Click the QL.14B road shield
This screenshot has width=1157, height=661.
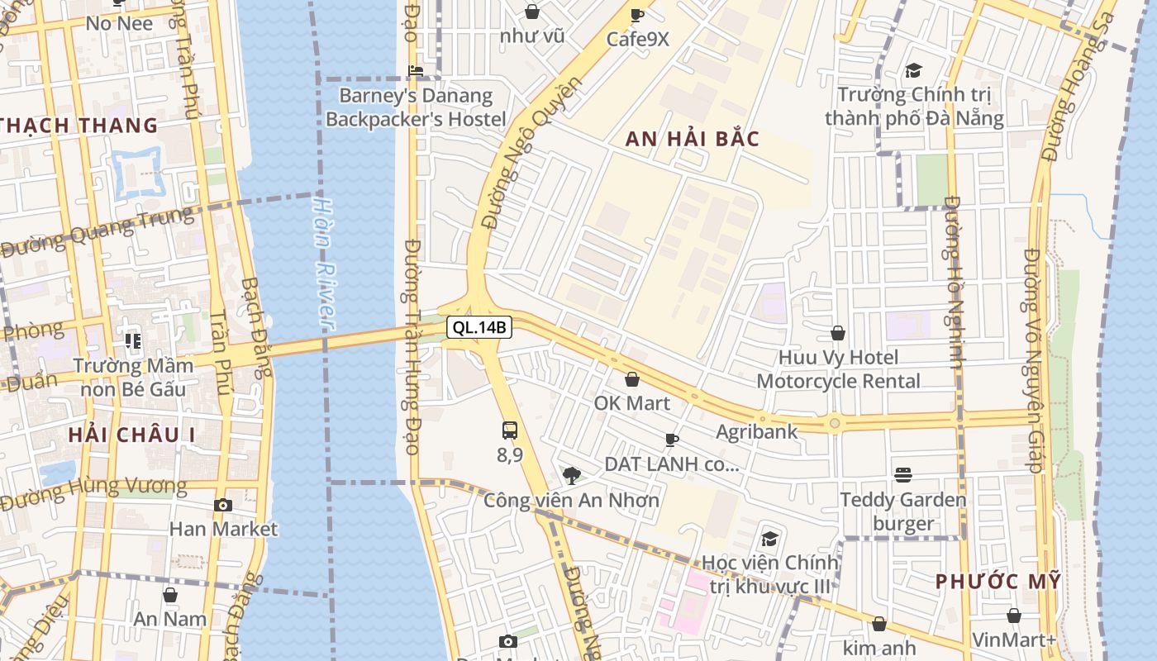click(480, 328)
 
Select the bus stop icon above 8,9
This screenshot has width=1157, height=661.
click(510, 430)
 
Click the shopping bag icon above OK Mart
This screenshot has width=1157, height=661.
click(632, 379)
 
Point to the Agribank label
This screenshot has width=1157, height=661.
click(756, 431)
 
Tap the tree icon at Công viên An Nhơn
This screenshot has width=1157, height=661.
click(571, 475)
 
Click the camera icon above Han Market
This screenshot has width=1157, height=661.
click(222, 505)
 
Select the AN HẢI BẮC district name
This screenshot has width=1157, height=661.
click(692, 139)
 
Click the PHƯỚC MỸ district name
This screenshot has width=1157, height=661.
click(997, 582)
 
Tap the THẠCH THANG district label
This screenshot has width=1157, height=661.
click(79, 126)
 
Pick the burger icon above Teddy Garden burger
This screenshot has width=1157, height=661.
click(903, 475)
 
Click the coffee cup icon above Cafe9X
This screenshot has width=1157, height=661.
click(637, 15)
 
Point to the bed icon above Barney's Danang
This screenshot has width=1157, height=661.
click(416, 71)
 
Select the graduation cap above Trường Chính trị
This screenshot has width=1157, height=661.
click(913, 71)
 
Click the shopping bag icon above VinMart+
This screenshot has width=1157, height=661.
click(1014, 616)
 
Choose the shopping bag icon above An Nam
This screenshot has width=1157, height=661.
click(170, 595)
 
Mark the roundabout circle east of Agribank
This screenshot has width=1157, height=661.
click(835, 424)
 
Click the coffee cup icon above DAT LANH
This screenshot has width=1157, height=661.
click(672, 440)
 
